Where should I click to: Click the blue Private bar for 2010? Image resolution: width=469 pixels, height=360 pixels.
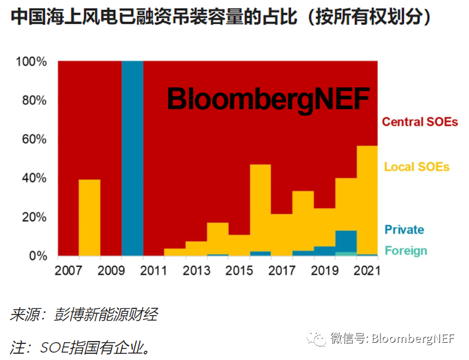[132, 158]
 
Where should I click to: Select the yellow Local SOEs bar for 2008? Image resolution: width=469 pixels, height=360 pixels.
[90, 217]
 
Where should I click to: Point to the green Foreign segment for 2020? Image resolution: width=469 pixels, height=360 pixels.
[346, 254]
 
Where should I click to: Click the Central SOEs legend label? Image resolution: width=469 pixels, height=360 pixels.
[420, 122]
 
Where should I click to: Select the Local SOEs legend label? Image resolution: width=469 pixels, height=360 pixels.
[417, 167]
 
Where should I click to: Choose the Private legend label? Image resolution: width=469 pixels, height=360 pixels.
[404, 230]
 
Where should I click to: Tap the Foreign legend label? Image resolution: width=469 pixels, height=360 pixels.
[406, 250]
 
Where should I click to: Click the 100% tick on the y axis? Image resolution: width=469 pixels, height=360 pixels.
[31, 62]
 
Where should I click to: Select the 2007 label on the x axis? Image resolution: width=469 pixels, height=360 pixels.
[68, 270]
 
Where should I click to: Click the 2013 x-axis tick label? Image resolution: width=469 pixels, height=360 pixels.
[196, 270]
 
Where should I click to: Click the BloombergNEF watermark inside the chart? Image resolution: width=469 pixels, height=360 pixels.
[268, 99]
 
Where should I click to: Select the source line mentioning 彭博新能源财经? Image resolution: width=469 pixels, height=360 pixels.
[84, 315]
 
